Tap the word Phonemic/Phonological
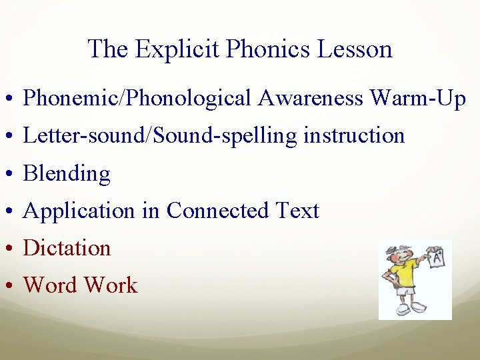coord(137,99)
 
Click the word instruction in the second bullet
coord(354,136)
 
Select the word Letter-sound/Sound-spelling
coord(161,136)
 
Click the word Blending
coord(67,174)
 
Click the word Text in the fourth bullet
coord(297,211)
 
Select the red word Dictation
coord(67,248)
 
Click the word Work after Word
coord(110,285)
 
